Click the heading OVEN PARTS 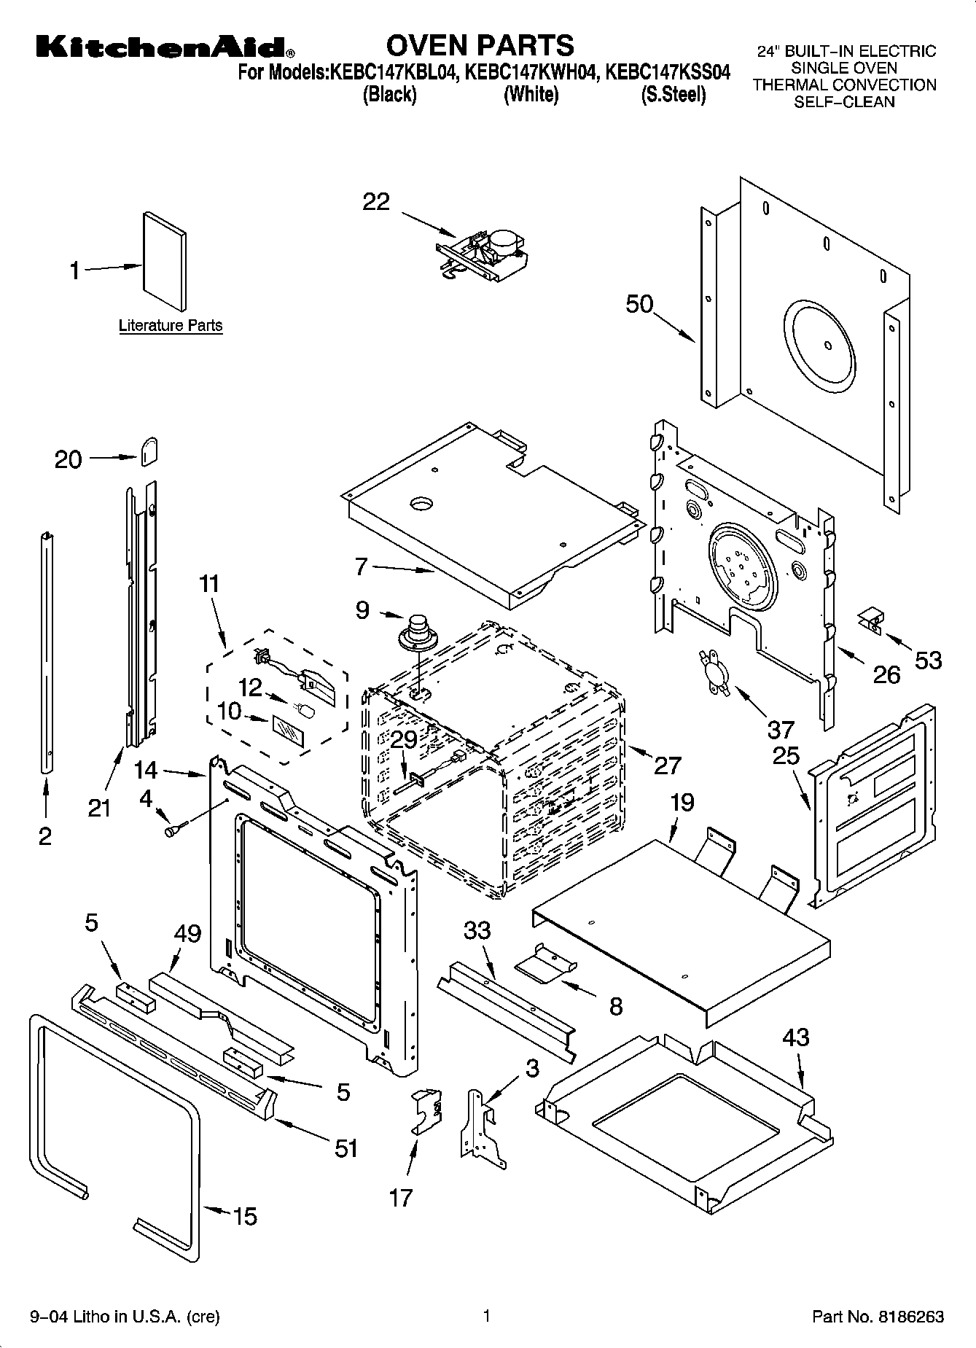(480, 45)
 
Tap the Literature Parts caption (171, 326)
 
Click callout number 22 (376, 202)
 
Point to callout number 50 (639, 304)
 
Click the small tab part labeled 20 (149, 451)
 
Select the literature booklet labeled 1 (164, 262)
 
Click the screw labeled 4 (176, 829)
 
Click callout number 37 (780, 729)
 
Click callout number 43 (795, 1037)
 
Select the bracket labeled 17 (426, 1111)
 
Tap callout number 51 (345, 1148)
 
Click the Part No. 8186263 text (878, 1317)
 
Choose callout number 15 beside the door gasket (245, 1216)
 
